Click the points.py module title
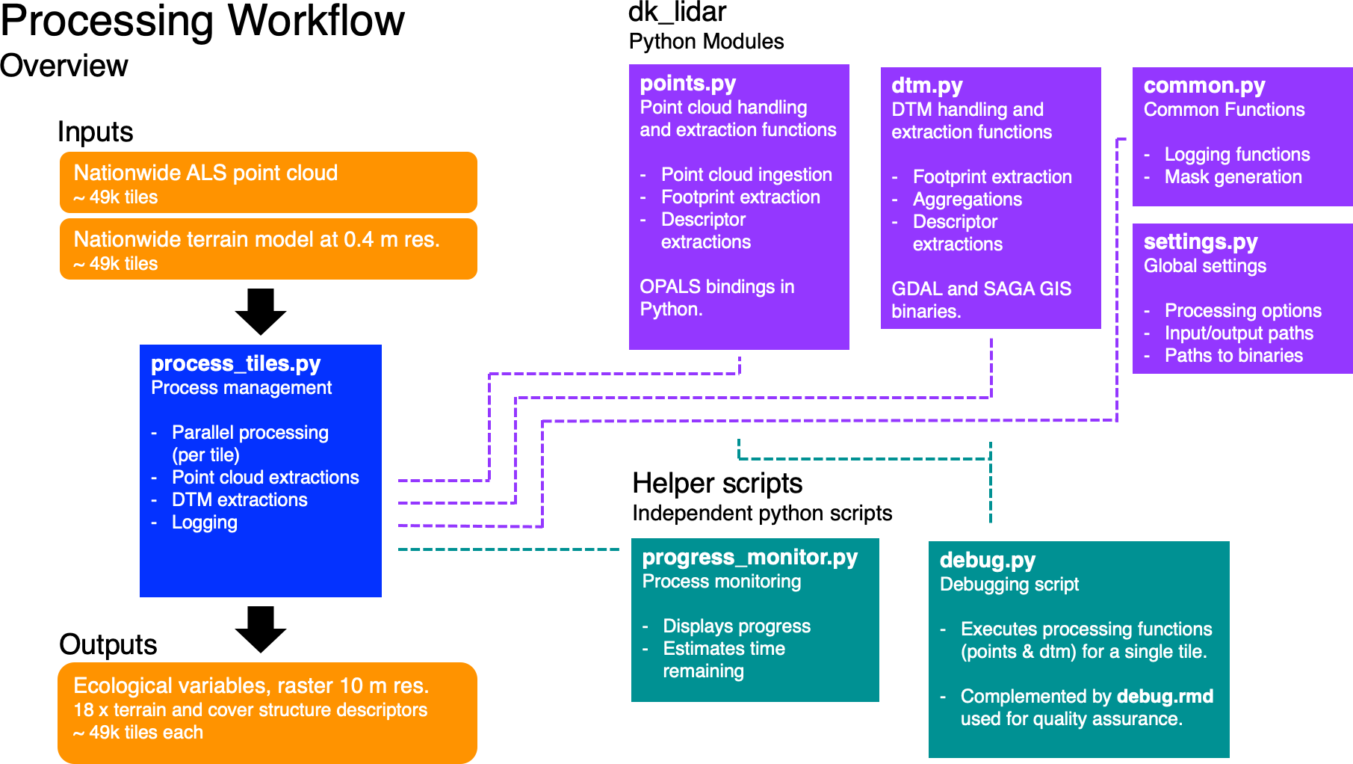pos(687,83)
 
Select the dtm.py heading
pos(926,85)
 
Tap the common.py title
pos(1204,85)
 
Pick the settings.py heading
pos(1200,241)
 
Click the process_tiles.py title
pos(235,363)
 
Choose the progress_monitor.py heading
pos(749,557)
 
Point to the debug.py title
pos(987,560)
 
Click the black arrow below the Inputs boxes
pos(261,311)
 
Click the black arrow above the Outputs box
pos(261,629)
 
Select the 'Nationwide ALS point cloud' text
pos(205,173)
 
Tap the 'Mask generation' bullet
pos(1233,177)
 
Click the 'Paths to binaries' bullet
pos(1233,356)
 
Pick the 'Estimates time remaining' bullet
pos(723,659)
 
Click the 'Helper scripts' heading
pos(716,483)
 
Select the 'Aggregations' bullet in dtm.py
pos(967,200)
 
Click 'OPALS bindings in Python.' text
pos(716,298)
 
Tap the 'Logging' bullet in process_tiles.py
pos(204,523)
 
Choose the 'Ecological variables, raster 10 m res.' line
pos(251,686)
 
